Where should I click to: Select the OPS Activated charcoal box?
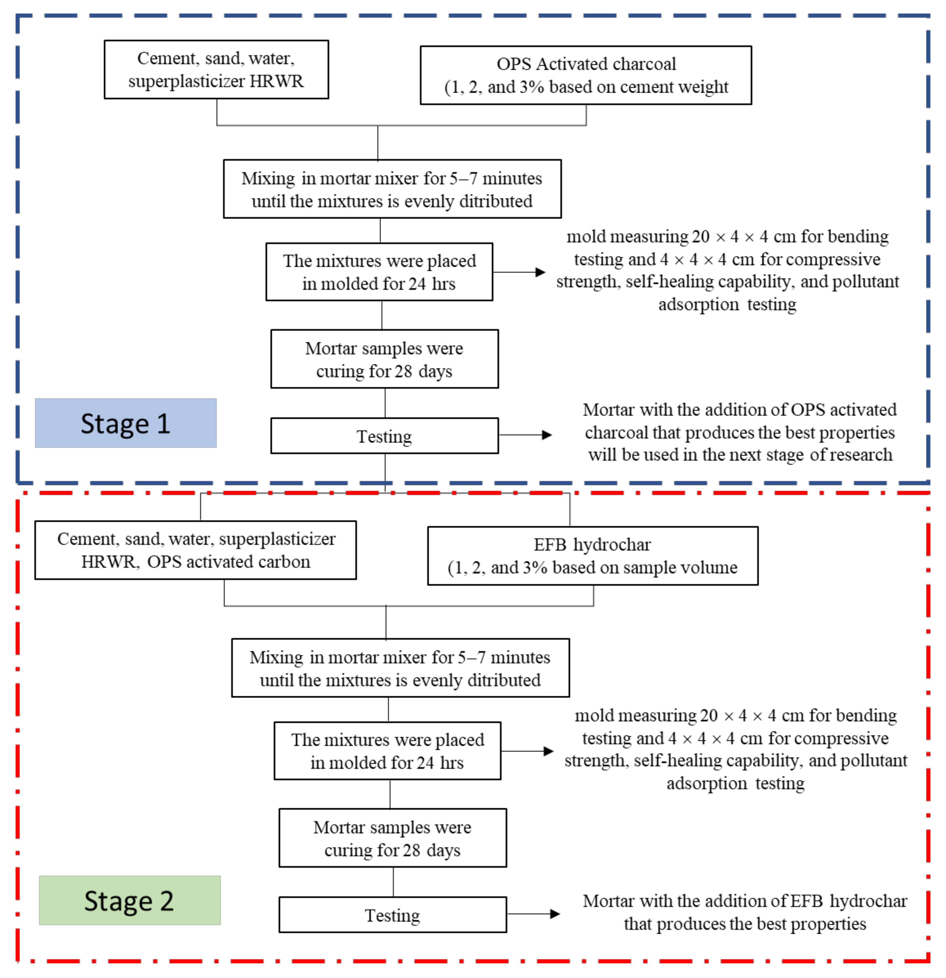tap(586, 75)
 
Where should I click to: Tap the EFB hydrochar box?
tap(593, 556)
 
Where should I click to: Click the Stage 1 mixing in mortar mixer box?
tap(392, 189)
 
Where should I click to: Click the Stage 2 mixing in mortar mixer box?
tap(400, 668)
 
